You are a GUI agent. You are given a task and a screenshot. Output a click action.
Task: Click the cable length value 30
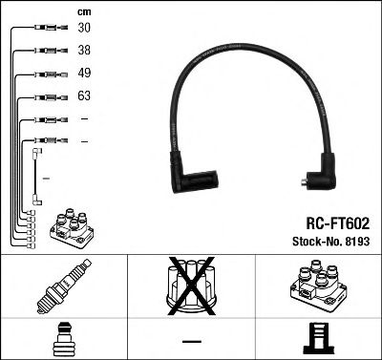[x=83, y=29]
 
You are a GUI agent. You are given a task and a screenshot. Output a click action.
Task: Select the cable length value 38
[x=83, y=52]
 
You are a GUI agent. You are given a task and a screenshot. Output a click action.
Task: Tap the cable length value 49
[x=83, y=74]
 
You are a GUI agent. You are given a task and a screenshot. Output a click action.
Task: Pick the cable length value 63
[x=83, y=96]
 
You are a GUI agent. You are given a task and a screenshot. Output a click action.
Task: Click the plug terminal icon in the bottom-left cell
[x=63, y=339]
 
